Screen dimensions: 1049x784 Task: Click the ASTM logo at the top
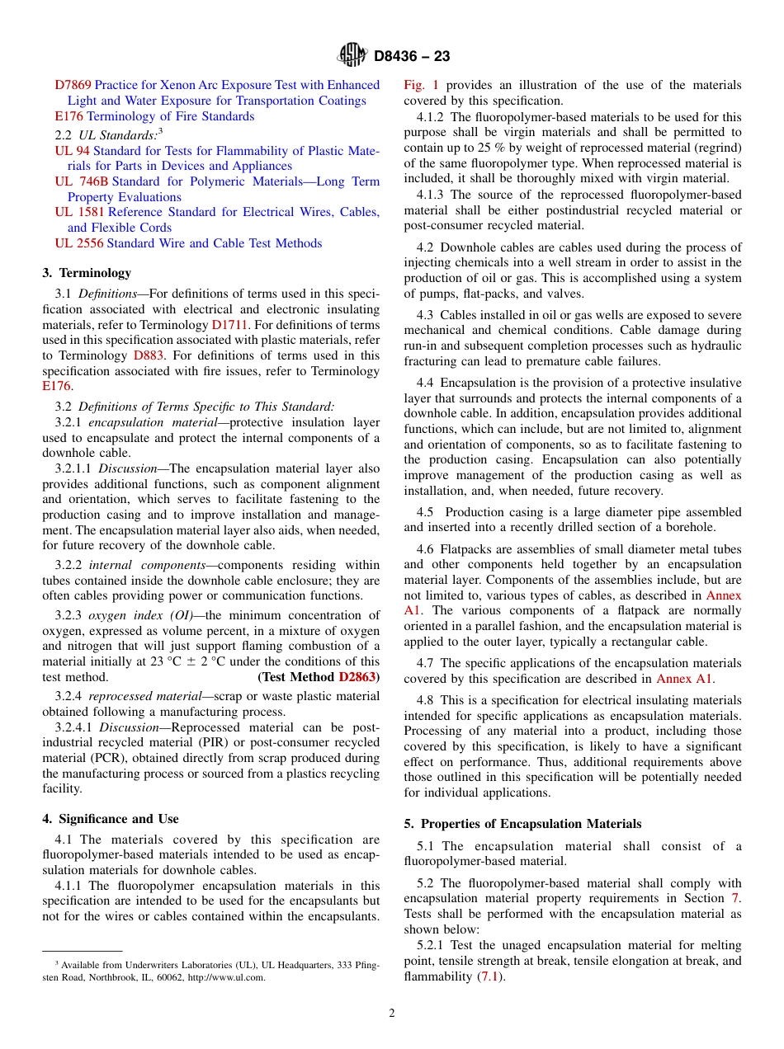point(352,56)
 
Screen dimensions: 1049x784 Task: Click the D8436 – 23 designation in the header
point(411,57)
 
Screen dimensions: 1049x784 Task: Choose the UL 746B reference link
point(81,181)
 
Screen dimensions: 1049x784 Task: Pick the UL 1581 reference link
point(79,212)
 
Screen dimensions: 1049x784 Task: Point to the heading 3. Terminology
point(87,273)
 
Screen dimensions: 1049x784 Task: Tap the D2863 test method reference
point(359,677)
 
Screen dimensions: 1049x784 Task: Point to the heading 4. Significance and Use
point(111,819)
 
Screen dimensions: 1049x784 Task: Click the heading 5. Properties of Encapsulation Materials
point(522,824)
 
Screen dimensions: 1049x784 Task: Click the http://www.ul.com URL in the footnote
point(229,977)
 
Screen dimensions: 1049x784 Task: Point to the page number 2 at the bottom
point(392,1014)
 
